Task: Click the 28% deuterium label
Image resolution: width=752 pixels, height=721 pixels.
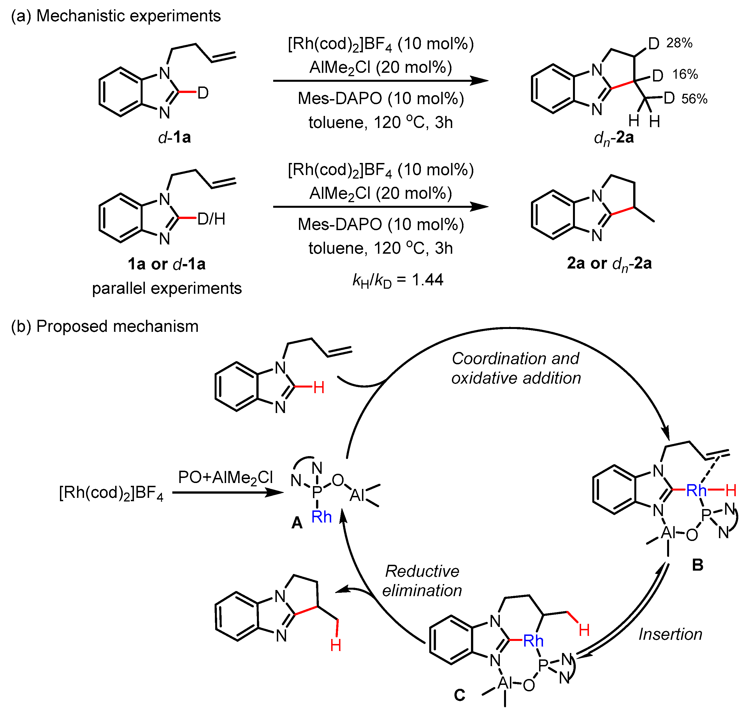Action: (x=679, y=43)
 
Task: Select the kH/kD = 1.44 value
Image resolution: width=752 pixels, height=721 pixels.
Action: (x=398, y=280)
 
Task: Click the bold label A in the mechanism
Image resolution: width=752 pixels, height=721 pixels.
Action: (x=297, y=523)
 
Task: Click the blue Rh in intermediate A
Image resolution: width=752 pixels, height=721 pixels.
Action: (x=322, y=517)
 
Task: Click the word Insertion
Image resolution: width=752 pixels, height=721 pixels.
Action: (x=670, y=634)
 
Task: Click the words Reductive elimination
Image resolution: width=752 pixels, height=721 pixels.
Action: (x=422, y=581)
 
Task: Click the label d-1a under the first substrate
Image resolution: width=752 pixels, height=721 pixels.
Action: (x=174, y=137)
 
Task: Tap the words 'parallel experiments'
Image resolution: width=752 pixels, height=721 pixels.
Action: (x=167, y=288)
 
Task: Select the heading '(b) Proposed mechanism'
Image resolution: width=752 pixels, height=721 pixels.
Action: (x=105, y=326)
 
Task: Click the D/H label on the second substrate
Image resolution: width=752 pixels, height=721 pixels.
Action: (x=211, y=219)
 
